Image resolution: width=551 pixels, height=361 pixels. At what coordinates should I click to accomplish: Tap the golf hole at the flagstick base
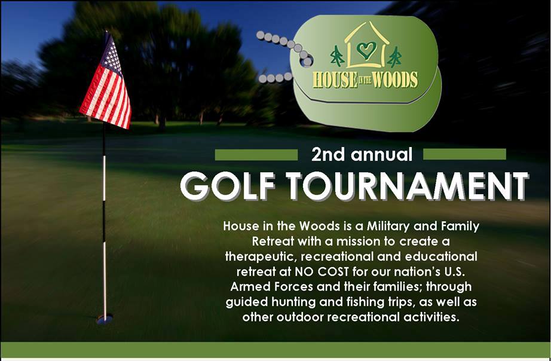pos(105,319)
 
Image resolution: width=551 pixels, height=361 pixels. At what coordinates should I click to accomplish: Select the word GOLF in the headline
pos(227,186)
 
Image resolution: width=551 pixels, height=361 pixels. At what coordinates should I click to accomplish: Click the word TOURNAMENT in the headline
pos(408,186)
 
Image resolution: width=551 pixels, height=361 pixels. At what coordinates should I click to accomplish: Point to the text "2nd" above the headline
pos(328,155)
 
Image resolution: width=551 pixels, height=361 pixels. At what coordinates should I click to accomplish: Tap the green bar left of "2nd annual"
pos(256,155)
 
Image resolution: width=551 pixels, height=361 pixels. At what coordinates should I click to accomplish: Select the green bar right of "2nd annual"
pos(464,154)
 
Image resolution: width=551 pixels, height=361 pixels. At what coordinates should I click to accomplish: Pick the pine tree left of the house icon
pos(337,56)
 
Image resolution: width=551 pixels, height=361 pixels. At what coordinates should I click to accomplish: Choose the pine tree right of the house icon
pos(394,57)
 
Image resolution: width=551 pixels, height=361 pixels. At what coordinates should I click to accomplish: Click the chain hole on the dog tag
pos(307,62)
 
